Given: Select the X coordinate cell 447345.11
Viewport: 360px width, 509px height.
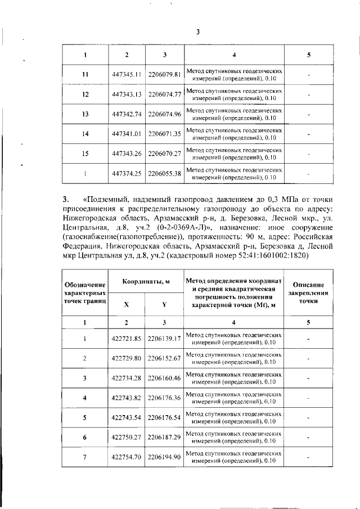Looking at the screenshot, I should coord(126,74).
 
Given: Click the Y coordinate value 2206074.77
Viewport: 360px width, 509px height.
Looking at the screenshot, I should coord(164,94).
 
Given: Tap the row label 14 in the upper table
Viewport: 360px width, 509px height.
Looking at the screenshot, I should coord(85,134).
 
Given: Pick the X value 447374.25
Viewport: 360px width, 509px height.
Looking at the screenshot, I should coord(126,174).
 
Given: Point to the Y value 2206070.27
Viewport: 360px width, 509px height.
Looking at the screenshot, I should coord(164,154).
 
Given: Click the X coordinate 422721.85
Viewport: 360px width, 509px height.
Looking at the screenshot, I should coord(126,339).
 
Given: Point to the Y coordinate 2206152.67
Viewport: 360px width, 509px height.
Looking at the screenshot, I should coord(164,358).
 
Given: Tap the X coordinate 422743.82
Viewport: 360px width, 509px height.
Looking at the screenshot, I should coord(126,398).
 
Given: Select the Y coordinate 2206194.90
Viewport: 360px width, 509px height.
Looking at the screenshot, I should coord(164,457).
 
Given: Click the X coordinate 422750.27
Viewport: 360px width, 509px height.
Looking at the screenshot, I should coord(126,438).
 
